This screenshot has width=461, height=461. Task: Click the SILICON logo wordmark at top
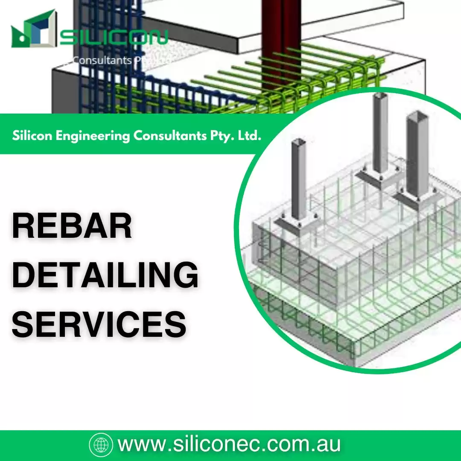(x=113, y=38)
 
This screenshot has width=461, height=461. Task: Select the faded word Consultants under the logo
(x=102, y=60)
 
